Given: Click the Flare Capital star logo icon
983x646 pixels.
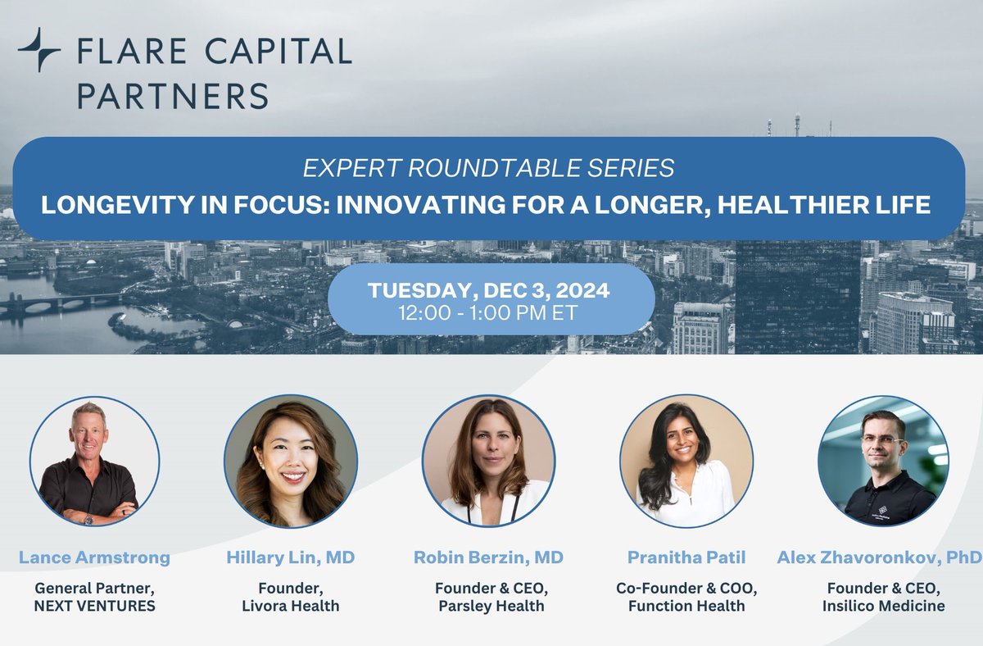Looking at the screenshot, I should tap(39, 50).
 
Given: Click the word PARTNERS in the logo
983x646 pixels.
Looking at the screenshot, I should tap(173, 95).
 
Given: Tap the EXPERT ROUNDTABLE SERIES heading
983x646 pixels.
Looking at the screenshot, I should tap(489, 168).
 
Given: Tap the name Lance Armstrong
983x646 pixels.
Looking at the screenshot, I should tap(94, 558).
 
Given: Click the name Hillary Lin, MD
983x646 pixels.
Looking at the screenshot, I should tap(291, 558).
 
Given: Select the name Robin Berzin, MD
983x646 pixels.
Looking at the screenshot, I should tap(488, 558).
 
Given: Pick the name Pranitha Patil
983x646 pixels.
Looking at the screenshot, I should tap(686, 558).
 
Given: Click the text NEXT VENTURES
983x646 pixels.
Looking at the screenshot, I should tap(94, 606).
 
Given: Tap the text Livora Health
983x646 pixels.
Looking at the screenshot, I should tap(291, 606).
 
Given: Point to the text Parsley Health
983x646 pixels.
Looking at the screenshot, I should tap(488, 606).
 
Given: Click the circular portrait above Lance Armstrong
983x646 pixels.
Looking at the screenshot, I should tap(94, 462).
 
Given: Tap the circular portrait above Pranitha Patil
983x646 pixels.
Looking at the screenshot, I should tap(686, 462).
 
